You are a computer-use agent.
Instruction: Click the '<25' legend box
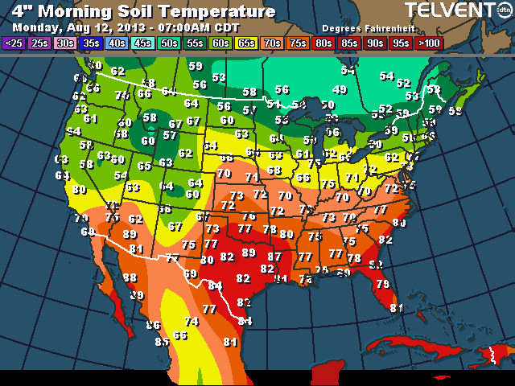[x=14, y=43]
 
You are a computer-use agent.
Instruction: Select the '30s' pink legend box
[x=65, y=43]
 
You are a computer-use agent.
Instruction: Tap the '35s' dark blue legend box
[x=91, y=43]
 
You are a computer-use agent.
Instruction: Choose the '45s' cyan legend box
[x=142, y=43]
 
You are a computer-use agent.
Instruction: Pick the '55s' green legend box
[x=194, y=43]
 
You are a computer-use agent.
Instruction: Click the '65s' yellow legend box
[x=245, y=43]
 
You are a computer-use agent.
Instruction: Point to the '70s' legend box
[x=271, y=43]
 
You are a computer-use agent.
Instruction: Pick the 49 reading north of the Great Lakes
[x=340, y=89]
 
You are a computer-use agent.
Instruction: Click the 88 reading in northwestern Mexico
[x=129, y=277]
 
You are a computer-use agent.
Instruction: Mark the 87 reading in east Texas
[x=274, y=257]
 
